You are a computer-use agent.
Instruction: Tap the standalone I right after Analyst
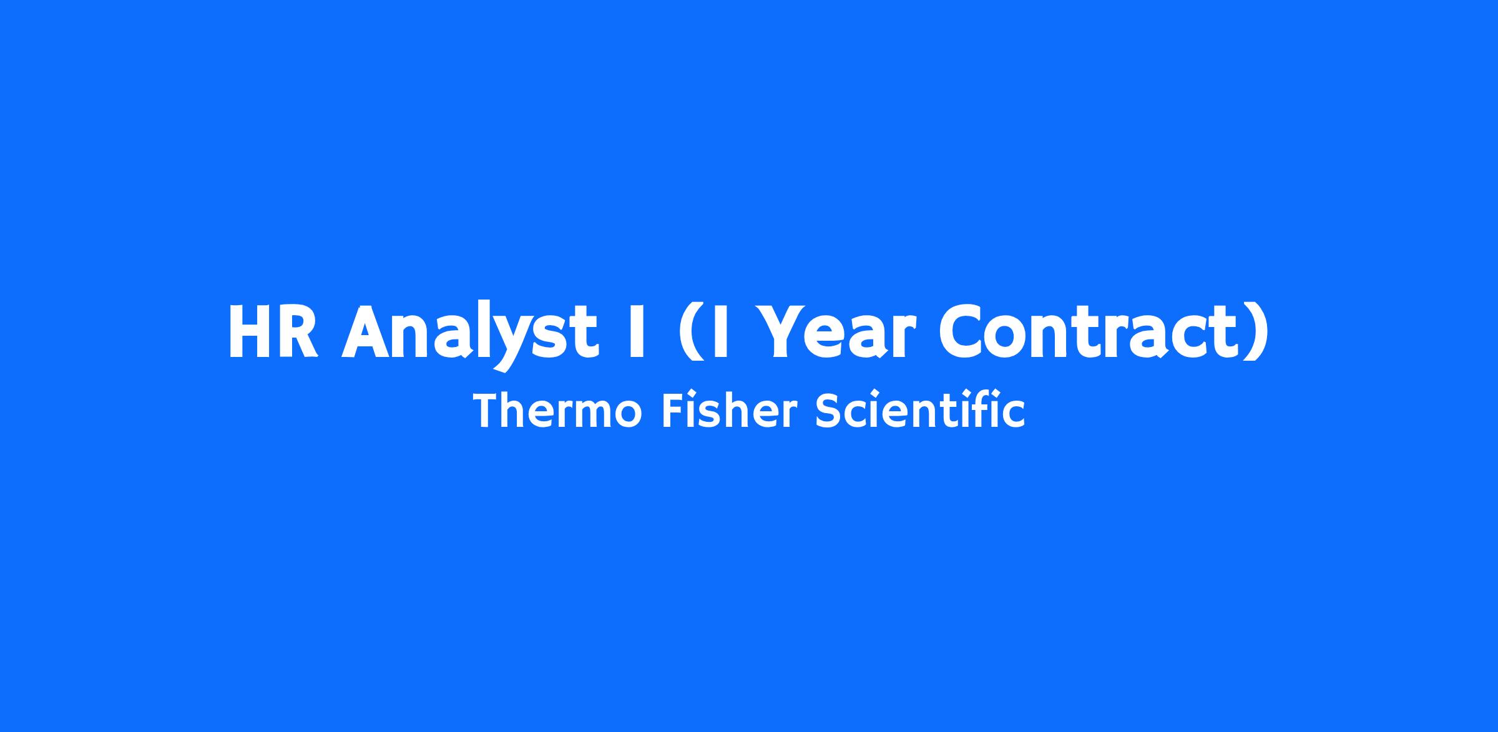[x=637, y=331]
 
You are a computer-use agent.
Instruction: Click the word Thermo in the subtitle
[x=557, y=411]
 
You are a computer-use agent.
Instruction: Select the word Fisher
[x=730, y=411]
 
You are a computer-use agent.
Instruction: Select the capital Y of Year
[x=785, y=332]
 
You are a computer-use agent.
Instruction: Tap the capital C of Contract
[x=962, y=332]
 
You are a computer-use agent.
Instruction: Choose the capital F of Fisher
[x=673, y=411]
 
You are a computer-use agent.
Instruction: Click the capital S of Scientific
[x=828, y=411]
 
